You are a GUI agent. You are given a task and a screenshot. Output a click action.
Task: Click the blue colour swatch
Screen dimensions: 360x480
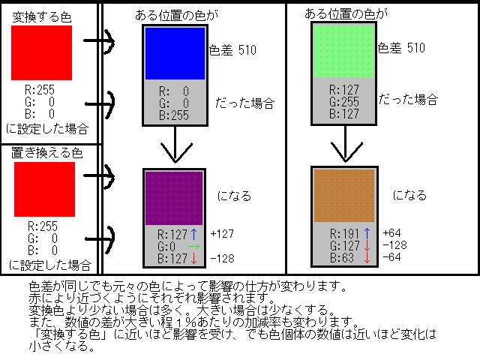click(175, 52)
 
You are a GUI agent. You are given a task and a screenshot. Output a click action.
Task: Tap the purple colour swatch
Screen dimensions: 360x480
click(173, 196)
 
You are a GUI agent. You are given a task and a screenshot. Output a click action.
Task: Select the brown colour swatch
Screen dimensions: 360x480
click(344, 193)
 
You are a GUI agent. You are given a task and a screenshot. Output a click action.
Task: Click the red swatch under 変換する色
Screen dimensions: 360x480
click(41, 52)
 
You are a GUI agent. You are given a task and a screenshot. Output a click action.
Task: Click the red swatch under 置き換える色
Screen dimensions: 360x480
click(44, 189)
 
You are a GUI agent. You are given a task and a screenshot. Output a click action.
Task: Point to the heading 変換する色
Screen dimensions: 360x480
click(37, 15)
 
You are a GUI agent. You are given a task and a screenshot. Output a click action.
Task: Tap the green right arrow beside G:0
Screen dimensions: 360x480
click(193, 246)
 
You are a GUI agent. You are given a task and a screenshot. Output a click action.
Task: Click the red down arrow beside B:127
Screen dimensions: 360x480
click(193, 259)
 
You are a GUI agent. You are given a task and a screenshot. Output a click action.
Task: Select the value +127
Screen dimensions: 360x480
click(223, 233)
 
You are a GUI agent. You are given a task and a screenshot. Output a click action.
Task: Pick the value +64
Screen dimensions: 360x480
click(391, 233)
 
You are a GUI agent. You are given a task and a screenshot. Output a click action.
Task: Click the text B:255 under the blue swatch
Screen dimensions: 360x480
click(173, 115)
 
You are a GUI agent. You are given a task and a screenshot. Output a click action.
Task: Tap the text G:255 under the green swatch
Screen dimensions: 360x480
click(344, 103)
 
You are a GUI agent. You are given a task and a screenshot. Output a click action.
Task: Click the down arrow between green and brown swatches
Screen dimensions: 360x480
click(344, 145)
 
